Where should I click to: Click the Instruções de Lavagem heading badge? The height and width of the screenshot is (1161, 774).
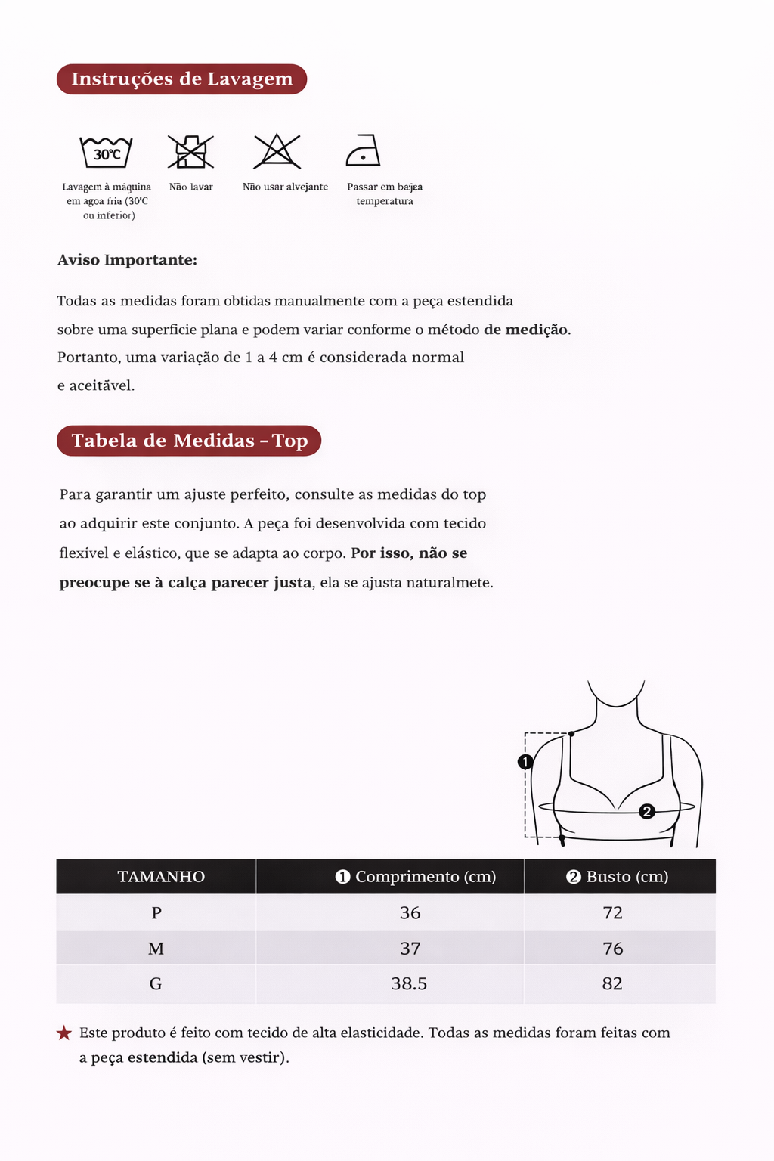tap(181, 79)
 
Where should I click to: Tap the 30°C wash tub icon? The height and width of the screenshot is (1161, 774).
tap(107, 152)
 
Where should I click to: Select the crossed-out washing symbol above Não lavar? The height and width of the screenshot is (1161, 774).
tap(190, 151)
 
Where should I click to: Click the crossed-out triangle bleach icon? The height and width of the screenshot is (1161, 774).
tap(277, 151)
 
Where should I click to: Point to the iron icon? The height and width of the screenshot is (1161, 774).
tap(363, 150)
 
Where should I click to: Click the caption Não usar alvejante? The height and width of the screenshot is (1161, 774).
tap(285, 187)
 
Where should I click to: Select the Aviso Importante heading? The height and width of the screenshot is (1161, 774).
tap(127, 260)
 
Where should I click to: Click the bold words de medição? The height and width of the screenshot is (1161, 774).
tap(527, 330)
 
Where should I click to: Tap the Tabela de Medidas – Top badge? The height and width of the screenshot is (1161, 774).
tap(189, 441)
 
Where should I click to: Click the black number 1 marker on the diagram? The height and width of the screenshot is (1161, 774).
tap(526, 762)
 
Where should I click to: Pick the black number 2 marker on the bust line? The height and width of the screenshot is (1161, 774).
tap(646, 812)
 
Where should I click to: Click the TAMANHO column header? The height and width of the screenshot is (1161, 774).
tap(161, 877)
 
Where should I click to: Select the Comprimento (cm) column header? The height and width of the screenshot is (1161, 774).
tap(416, 877)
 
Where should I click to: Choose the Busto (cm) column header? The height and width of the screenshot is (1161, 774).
tap(618, 877)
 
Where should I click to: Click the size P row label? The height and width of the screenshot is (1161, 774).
tap(156, 913)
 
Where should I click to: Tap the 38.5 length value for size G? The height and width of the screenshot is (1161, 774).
tap(409, 984)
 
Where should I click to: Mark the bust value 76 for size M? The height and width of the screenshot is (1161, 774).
tap(613, 949)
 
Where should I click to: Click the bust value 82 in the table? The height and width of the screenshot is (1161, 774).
tap(612, 984)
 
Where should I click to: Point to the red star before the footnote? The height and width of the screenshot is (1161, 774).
tap(64, 1033)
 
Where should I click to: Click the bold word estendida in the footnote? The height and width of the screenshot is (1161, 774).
tap(163, 1057)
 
